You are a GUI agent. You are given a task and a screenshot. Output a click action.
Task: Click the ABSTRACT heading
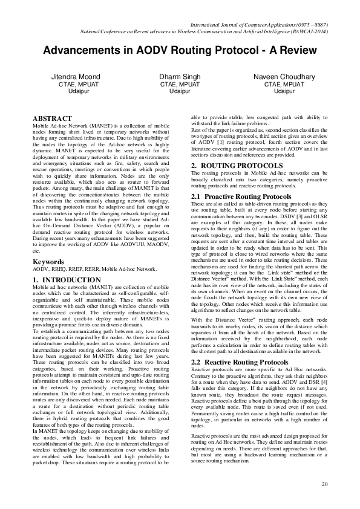52,118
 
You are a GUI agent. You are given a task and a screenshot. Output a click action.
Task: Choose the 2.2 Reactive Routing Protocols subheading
240,345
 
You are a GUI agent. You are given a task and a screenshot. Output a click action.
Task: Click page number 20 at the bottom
324,484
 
